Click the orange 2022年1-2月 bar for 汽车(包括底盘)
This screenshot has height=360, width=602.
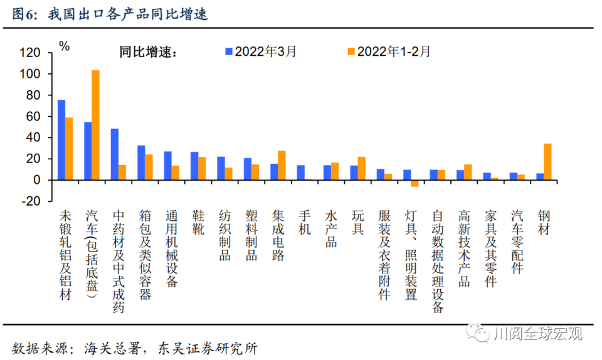[95, 125]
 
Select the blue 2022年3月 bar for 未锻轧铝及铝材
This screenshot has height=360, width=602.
[61, 140]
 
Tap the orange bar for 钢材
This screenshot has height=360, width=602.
[548, 162]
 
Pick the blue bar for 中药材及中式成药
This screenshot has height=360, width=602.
[115, 154]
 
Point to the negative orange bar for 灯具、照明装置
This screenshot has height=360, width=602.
[415, 183]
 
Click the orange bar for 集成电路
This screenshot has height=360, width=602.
[282, 165]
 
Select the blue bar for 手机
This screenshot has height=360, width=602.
[301, 172]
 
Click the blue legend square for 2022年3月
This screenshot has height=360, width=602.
[230, 51]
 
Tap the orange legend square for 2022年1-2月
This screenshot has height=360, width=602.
[352, 51]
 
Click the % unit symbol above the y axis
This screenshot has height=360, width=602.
[64, 45]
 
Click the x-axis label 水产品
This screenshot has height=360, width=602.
[330, 228]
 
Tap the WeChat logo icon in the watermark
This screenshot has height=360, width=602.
[482, 332]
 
